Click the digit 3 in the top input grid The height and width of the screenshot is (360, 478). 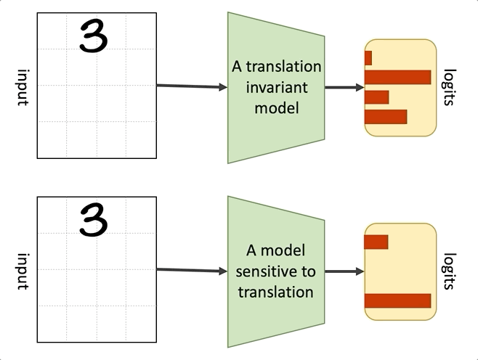[x=94, y=36]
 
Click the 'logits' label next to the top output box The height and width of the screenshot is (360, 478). [x=450, y=88]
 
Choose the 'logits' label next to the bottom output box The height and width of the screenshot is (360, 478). [x=450, y=271]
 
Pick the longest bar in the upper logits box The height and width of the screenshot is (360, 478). [x=397, y=77]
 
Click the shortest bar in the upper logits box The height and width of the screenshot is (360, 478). [x=368, y=58]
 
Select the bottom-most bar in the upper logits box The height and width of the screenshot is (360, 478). [x=385, y=116]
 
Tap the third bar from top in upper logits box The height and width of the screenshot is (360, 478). [x=376, y=97]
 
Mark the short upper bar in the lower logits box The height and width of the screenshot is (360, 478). [x=376, y=242]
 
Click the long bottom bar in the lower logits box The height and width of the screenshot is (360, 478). [x=397, y=300]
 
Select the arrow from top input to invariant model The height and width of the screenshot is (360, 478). [x=192, y=86]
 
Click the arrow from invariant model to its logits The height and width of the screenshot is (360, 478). [x=344, y=88]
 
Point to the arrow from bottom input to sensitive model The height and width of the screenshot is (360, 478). [x=192, y=271]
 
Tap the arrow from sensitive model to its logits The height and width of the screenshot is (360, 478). [x=344, y=271]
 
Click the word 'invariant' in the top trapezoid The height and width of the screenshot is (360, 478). [x=277, y=87]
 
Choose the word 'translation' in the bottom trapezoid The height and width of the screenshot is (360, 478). [x=277, y=292]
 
